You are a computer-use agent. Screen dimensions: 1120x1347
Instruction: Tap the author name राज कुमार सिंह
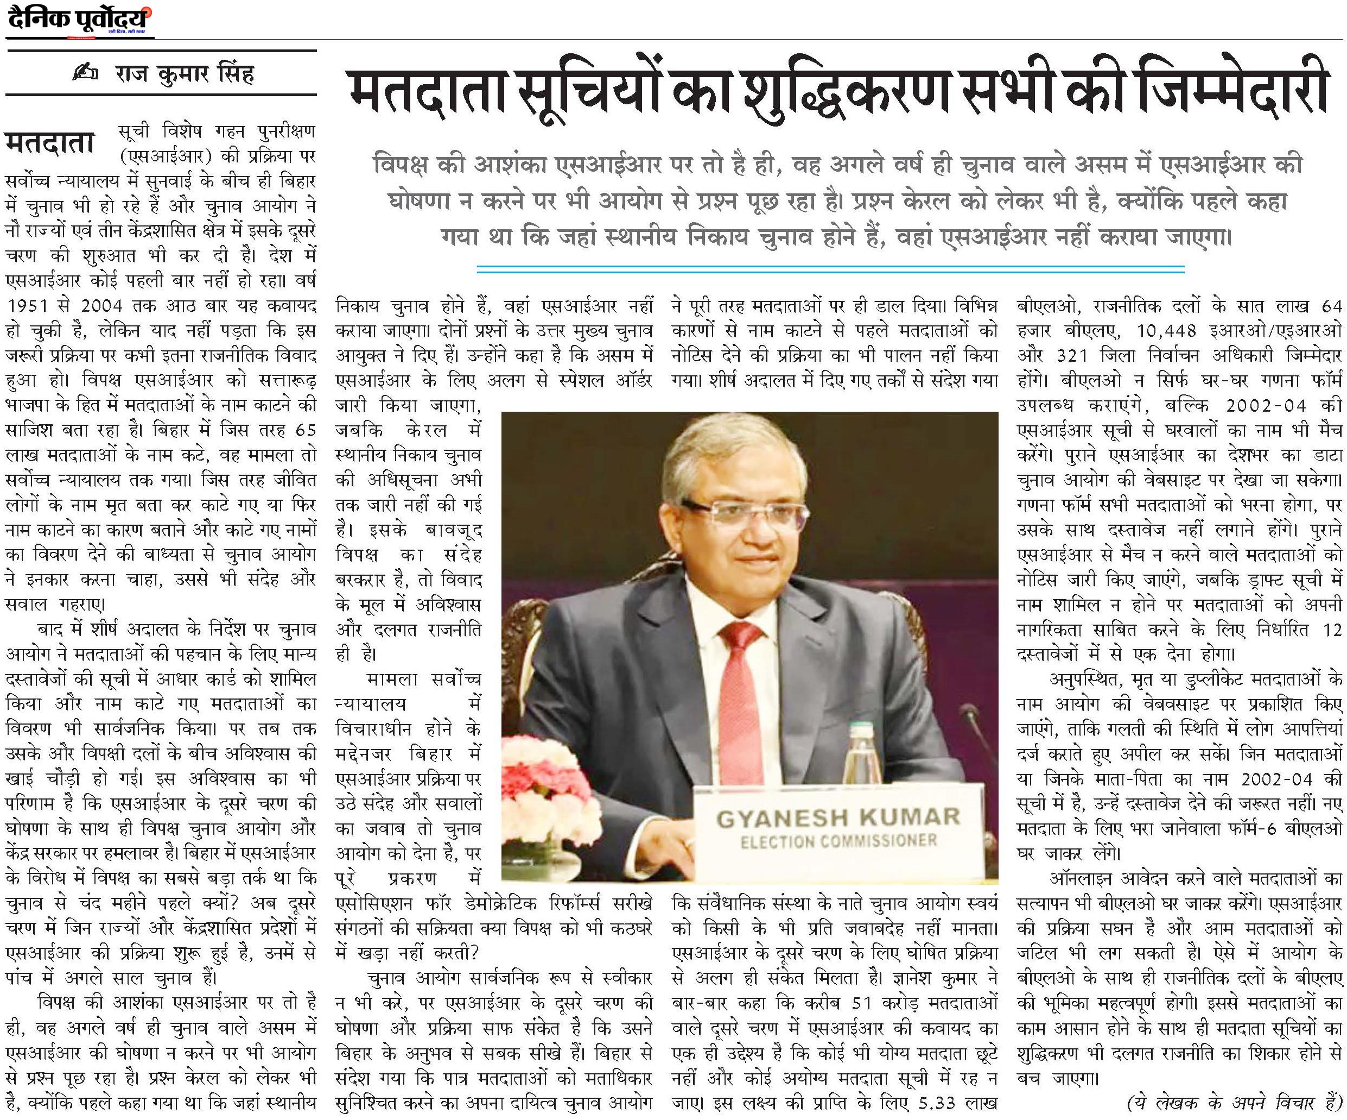[184, 74]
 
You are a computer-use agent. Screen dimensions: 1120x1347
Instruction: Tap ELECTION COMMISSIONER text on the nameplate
[838, 840]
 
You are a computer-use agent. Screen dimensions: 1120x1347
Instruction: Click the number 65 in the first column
[306, 431]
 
